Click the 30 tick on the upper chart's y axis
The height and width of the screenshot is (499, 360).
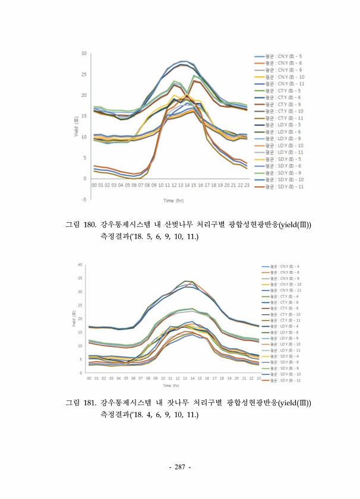click(x=84, y=53)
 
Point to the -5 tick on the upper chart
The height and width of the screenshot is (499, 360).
click(x=84, y=200)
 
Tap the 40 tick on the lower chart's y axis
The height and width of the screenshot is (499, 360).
click(x=79, y=264)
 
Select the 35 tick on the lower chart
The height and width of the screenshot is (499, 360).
click(x=79, y=278)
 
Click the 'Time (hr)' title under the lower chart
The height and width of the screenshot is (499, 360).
click(x=170, y=386)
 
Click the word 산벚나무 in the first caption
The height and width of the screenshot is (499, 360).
click(x=179, y=225)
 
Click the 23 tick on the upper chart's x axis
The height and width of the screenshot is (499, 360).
click(x=247, y=185)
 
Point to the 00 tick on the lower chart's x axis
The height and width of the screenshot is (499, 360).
click(x=89, y=377)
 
